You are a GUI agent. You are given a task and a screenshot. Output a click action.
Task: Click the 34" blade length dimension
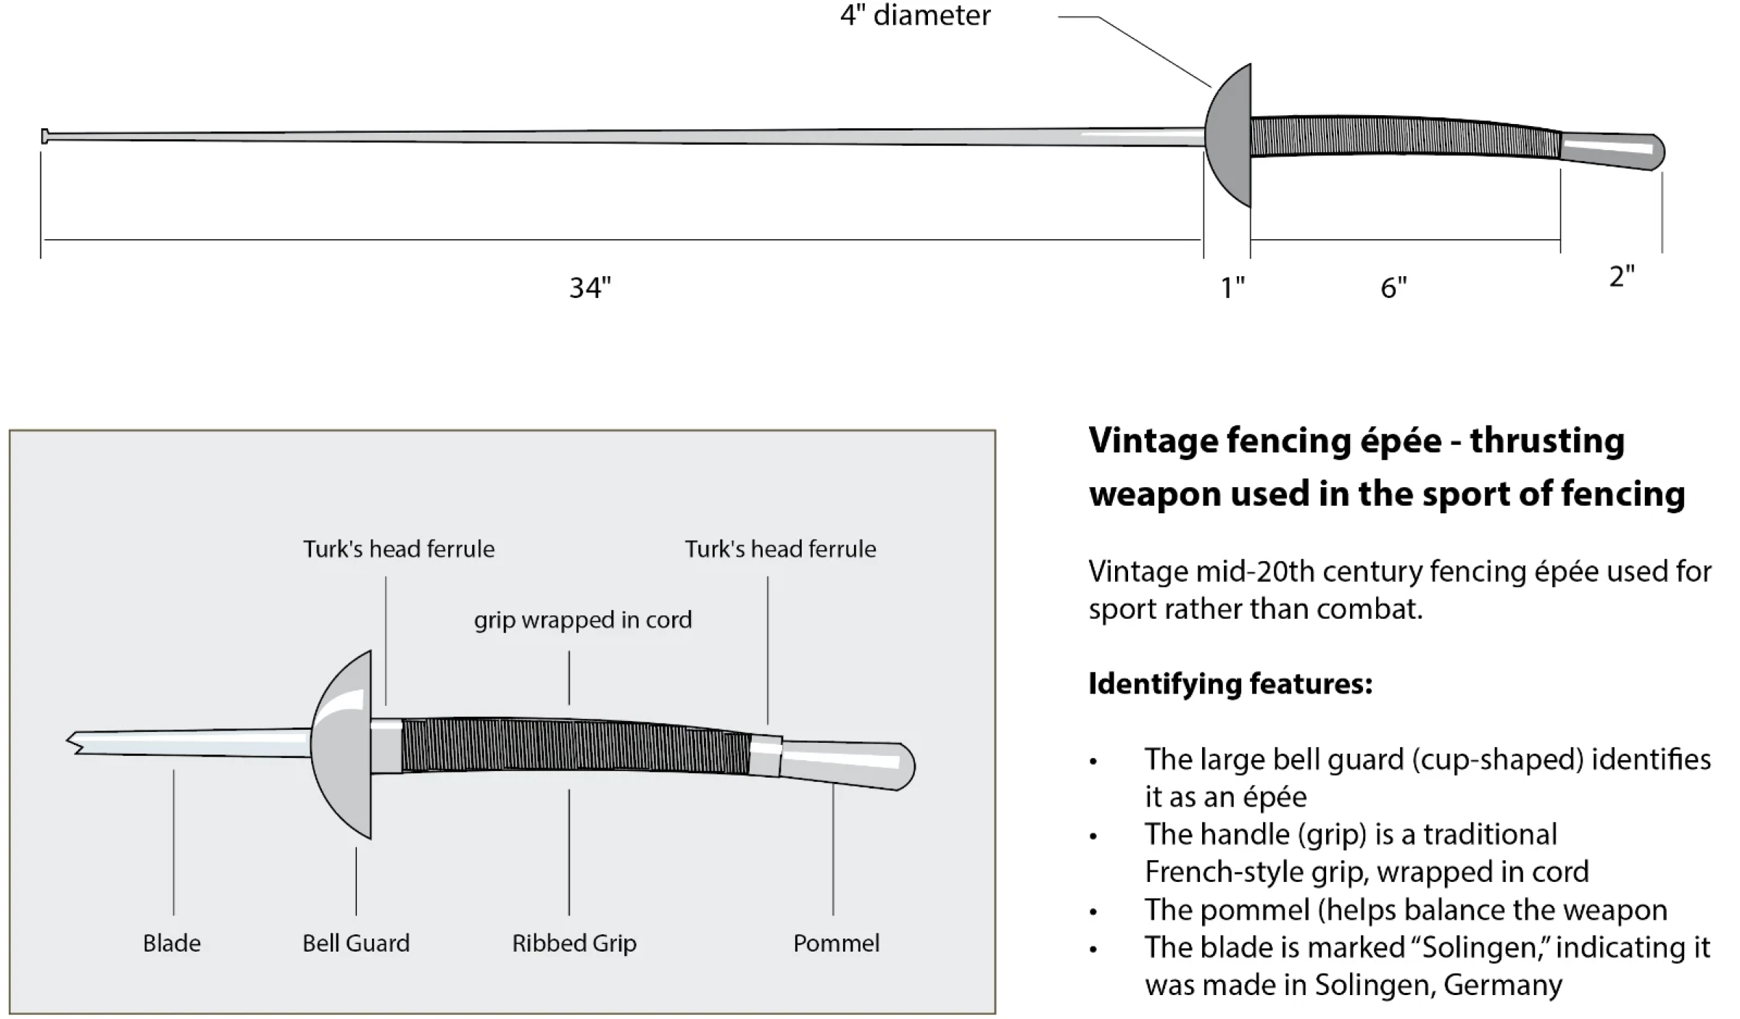click(590, 288)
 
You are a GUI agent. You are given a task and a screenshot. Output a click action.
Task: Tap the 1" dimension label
click(1232, 288)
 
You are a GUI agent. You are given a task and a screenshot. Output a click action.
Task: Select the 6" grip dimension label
click(1393, 288)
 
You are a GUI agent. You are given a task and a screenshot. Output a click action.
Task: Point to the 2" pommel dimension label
click(1622, 276)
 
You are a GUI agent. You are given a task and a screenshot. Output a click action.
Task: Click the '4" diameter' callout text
click(915, 14)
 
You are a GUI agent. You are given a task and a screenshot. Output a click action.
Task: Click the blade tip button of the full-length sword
click(45, 136)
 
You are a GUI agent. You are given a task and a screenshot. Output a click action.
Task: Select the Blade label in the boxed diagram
click(172, 943)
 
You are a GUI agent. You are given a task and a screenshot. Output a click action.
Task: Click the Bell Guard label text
click(356, 943)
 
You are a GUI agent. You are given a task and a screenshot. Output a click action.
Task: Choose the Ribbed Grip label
click(574, 943)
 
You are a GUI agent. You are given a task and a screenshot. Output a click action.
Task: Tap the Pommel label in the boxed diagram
click(836, 943)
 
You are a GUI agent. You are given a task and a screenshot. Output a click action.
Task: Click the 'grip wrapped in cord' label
click(583, 620)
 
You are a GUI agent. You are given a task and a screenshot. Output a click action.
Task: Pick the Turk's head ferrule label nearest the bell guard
click(399, 549)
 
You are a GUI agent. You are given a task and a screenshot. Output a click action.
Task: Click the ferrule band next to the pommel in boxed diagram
click(766, 757)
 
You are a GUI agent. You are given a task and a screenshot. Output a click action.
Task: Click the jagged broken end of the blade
click(74, 742)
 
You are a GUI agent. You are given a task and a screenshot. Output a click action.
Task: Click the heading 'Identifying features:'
click(1230, 683)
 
